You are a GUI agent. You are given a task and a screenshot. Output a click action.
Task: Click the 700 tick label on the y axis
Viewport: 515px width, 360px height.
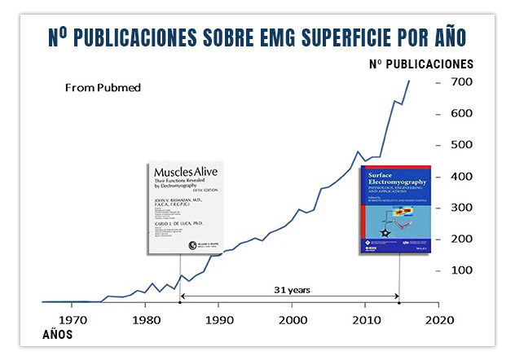pos(463,82)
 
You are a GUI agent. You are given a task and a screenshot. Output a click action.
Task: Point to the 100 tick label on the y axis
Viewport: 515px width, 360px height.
pos(463,270)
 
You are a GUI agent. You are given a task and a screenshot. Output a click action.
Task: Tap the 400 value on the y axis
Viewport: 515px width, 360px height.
pos(463,176)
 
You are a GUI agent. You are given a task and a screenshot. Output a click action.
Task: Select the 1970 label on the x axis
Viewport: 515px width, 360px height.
pos(73,318)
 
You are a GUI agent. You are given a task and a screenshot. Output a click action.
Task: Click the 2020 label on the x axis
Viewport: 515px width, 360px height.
pos(438,318)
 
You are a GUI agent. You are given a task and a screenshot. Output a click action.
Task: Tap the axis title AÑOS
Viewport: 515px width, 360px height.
pos(56,335)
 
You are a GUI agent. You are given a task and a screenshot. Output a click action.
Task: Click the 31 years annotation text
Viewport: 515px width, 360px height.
pos(290,289)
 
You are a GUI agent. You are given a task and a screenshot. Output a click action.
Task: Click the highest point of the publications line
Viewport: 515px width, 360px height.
pos(409,81)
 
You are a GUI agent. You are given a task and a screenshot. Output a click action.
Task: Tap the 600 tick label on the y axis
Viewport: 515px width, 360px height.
pos(463,113)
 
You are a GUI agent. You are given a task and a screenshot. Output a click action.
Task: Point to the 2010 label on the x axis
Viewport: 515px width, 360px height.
pos(365,318)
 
